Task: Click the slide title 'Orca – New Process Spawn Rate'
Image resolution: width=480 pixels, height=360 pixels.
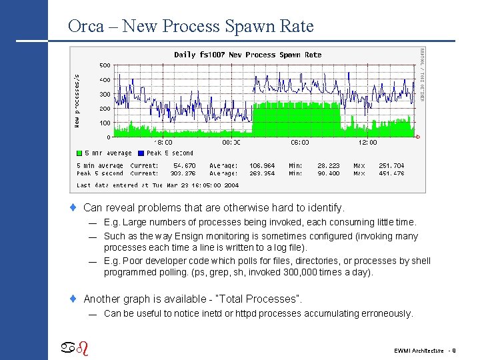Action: (190, 26)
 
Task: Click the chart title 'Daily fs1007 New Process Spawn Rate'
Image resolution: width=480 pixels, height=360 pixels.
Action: (247, 55)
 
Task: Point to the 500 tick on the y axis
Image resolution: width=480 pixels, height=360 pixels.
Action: (105, 65)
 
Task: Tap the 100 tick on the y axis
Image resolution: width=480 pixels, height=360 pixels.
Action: (105, 123)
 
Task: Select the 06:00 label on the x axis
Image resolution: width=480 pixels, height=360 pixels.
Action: (300, 142)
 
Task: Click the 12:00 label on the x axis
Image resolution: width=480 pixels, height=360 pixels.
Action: (367, 142)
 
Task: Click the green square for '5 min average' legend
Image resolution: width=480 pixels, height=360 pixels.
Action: (79, 153)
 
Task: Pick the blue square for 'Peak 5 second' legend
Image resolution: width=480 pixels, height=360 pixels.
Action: (141, 153)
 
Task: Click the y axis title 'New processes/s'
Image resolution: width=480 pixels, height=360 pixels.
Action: (77, 100)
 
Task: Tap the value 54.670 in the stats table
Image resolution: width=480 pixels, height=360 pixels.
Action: (185, 165)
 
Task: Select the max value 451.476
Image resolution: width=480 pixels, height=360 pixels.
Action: (391, 173)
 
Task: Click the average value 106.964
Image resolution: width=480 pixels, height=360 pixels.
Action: (262, 165)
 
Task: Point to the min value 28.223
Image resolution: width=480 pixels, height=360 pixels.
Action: (328, 165)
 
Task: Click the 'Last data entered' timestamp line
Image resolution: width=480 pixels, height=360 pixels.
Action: (157, 185)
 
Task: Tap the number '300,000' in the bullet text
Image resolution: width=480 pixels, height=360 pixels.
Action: (307, 272)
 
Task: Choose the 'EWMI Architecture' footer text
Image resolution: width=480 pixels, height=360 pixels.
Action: (418, 350)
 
